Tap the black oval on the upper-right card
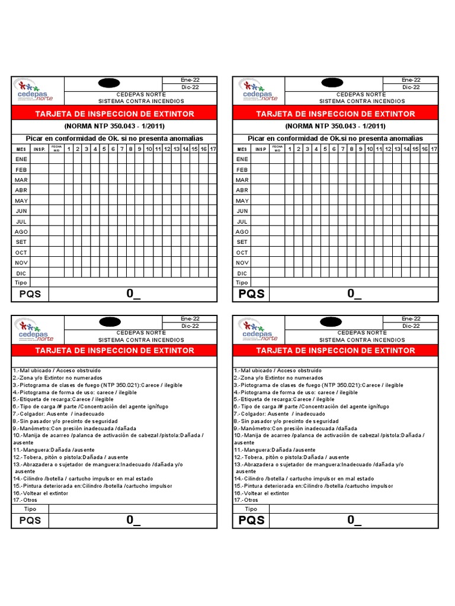pyautogui.click(x=331, y=83)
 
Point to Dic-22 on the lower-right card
pyautogui.click(x=411, y=326)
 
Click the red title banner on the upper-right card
pyautogui.click(x=335, y=114)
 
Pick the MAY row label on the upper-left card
pyautogui.click(x=21, y=201)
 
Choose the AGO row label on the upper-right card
pyautogui.click(x=242, y=232)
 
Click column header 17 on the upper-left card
pyautogui.click(x=213, y=149)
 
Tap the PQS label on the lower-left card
pyautogui.click(x=30, y=521)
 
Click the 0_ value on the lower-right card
pyautogui.click(x=354, y=520)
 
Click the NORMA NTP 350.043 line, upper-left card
pyautogui.click(x=114, y=126)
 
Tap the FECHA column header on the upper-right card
pyautogui.click(x=277, y=149)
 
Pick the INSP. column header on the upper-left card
pyautogui.click(x=39, y=149)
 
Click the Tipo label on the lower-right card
pyautogui.click(x=251, y=509)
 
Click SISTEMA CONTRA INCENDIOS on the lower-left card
pyautogui.click(x=133, y=340)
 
